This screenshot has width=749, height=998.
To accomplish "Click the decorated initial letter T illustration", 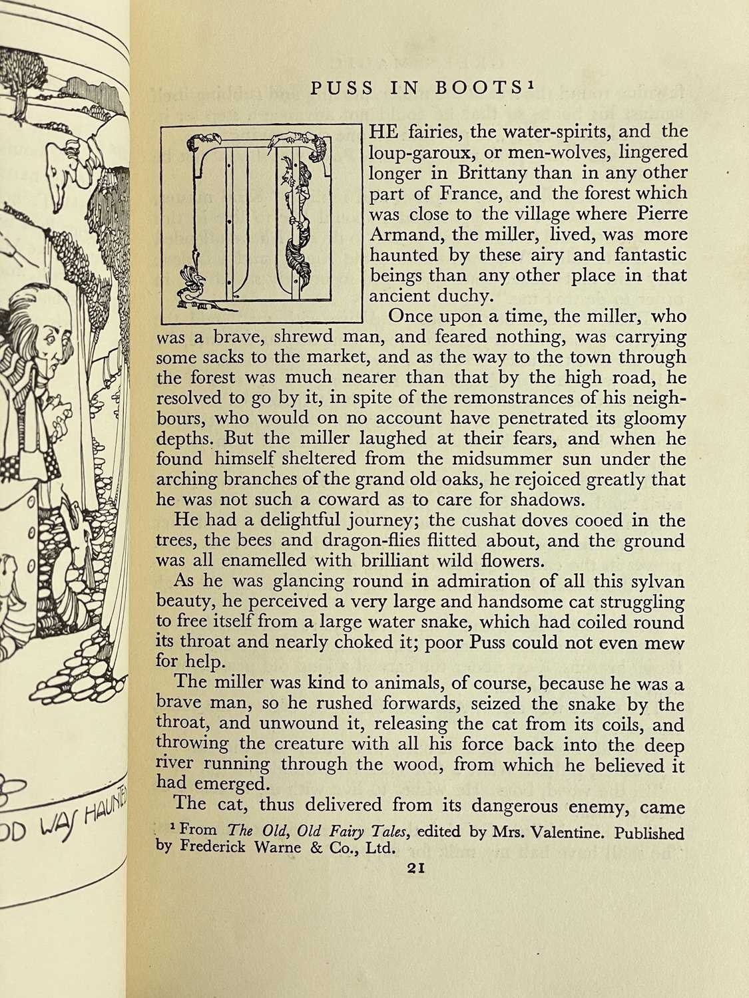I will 260,221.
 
